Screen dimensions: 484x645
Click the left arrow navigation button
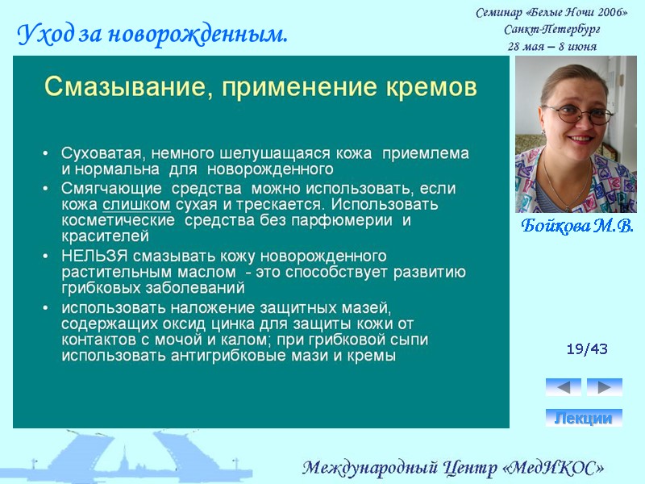tap(563, 387)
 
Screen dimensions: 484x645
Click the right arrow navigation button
tap(604, 387)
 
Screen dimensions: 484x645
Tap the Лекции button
tap(584, 418)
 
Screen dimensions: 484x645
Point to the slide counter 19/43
tap(587, 349)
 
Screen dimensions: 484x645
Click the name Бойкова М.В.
tap(576, 226)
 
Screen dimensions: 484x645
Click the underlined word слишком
tap(136, 204)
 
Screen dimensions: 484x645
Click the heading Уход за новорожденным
tap(152, 35)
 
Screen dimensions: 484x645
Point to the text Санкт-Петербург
tap(551, 29)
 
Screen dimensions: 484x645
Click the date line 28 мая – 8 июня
tap(551, 46)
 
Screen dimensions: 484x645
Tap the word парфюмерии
tap(356, 220)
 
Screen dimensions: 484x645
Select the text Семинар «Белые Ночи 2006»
tap(551, 12)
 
